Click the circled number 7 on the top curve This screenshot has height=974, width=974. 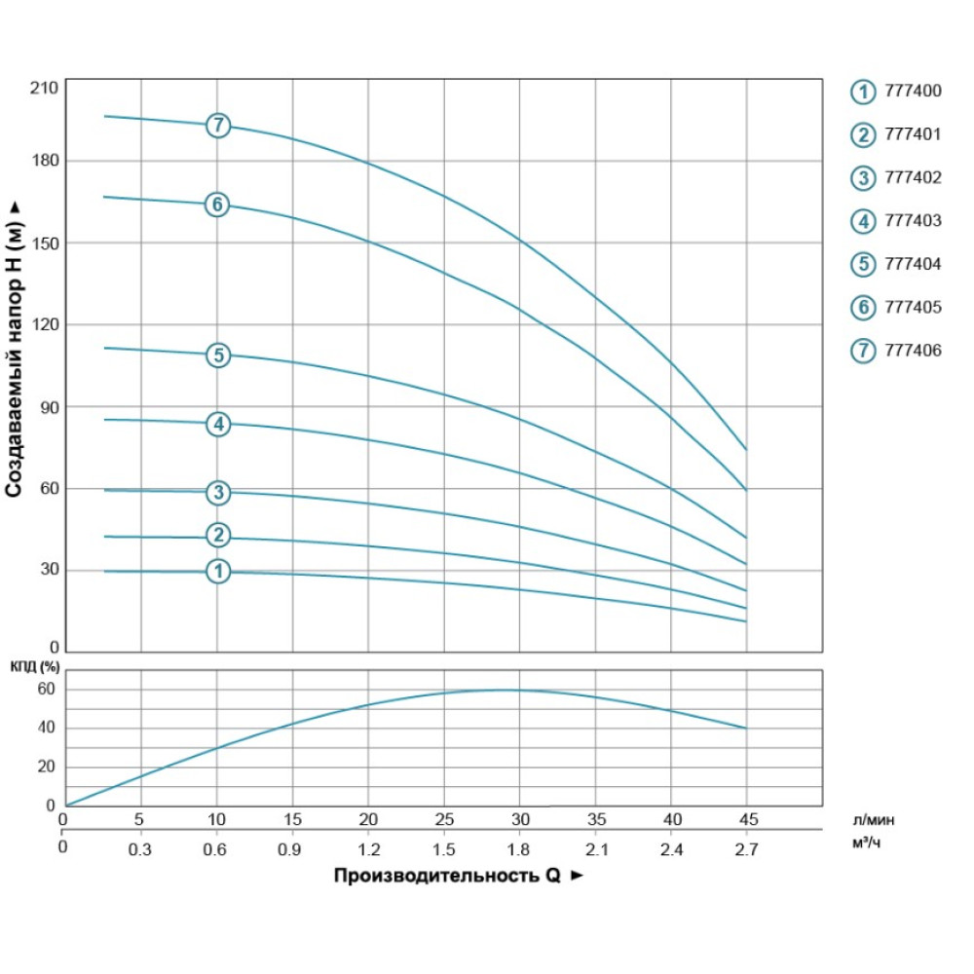click(x=218, y=126)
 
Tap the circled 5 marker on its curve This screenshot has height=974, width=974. click(x=218, y=356)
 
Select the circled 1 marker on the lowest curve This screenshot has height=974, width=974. click(x=218, y=571)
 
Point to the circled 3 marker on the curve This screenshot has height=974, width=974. click(x=218, y=493)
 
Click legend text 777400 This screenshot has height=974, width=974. click(x=913, y=91)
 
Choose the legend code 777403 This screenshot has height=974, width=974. click(x=913, y=220)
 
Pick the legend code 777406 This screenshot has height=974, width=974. click(x=913, y=351)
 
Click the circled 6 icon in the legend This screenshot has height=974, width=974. click(x=863, y=308)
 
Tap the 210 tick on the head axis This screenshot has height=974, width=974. click(x=44, y=89)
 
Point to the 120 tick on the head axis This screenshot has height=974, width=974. click(x=45, y=324)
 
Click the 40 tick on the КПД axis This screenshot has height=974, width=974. click(x=46, y=728)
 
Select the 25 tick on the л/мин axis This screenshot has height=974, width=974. click(x=444, y=819)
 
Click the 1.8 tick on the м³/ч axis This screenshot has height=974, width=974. click(x=518, y=849)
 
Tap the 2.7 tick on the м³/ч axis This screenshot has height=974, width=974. click(x=746, y=849)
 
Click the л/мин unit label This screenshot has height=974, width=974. click(x=874, y=820)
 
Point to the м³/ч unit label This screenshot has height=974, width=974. click(x=866, y=843)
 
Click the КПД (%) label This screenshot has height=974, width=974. click(x=35, y=667)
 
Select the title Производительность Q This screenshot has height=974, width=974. click(x=447, y=876)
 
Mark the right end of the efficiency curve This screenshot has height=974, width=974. click(x=746, y=728)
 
